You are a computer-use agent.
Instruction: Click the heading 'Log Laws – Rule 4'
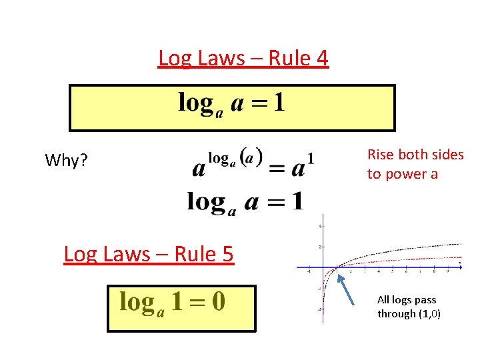pyautogui.click(x=243, y=59)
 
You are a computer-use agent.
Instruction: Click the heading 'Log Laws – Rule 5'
pyautogui.click(x=149, y=254)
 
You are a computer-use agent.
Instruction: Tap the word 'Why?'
pyautogui.click(x=67, y=161)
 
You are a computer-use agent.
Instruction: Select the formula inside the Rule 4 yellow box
pyautogui.click(x=231, y=104)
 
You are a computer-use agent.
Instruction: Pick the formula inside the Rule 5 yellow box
pyautogui.click(x=173, y=303)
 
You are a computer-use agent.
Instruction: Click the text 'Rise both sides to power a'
pyautogui.click(x=415, y=164)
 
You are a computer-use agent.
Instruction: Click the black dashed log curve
pyautogui.click(x=413, y=247)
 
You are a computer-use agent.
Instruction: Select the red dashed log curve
pyautogui.click(x=413, y=259)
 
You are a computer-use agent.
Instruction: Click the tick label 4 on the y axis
pyautogui.click(x=320, y=226)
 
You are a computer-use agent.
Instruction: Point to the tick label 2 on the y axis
pyautogui.click(x=320, y=247)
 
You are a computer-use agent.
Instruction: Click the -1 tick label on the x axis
pyautogui.click(x=309, y=271)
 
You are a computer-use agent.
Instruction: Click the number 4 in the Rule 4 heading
pyautogui.click(x=322, y=59)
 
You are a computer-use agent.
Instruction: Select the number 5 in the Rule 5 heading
pyautogui.click(x=227, y=254)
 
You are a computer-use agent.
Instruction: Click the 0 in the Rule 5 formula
pyautogui.click(x=218, y=302)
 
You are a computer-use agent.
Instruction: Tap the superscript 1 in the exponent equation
pyautogui.click(x=311, y=158)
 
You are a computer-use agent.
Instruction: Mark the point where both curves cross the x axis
pyautogui.click(x=336, y=267)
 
